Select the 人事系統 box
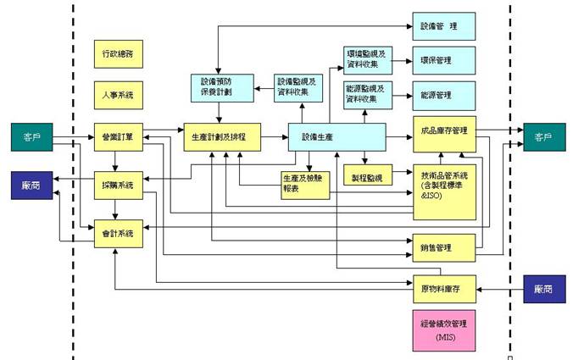pos(118,95)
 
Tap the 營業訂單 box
pos(118,136)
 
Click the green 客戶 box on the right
pos(542,136)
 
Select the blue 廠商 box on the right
pos(543,289)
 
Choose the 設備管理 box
pos(443,26)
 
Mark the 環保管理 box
pos(443,60)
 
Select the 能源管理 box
pos(443,96)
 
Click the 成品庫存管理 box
pos(443,131)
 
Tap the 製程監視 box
pos(366,178)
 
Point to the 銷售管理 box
pos(443,247)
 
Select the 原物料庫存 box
pos(443,289)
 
